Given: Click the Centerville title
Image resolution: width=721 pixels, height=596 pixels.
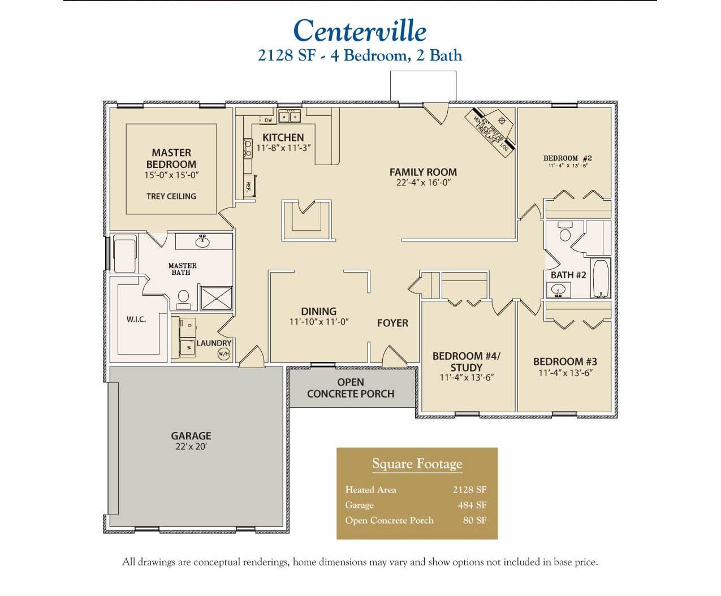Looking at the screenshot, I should point(360,31).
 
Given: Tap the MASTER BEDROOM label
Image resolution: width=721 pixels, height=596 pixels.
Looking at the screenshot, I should point(171,158).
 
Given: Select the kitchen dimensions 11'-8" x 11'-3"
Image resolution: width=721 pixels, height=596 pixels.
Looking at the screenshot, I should point(284,148).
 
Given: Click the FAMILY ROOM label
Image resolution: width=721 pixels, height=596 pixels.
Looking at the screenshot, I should point(423,172).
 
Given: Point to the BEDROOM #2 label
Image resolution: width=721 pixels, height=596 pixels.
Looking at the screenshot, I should point(567,158).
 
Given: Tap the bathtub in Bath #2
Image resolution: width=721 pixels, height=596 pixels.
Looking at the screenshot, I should point(600,279).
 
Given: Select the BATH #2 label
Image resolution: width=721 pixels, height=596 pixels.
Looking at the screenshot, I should point(568,275).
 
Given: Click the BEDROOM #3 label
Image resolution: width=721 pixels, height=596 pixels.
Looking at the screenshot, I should point(565,361).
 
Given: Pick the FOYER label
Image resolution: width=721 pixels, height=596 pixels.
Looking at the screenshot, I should point(392,323).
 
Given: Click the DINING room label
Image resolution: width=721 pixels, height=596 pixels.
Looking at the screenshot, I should point(318,312).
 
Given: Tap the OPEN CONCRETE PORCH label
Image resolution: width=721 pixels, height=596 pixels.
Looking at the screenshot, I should point(351,388).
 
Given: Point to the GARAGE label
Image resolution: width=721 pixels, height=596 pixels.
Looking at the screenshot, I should point(191,436).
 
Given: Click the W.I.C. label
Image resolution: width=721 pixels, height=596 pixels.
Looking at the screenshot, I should point(136,319).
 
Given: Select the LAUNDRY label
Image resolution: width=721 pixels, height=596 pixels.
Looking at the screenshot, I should point(214,343).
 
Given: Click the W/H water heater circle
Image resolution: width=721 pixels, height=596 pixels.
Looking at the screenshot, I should point(223,354).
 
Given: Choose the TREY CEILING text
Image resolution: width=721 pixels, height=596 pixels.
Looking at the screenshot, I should point(171,196).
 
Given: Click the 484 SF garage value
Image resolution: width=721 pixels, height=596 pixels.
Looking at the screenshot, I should point(472,505).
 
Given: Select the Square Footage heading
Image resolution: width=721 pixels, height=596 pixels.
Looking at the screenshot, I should point(417,464).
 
